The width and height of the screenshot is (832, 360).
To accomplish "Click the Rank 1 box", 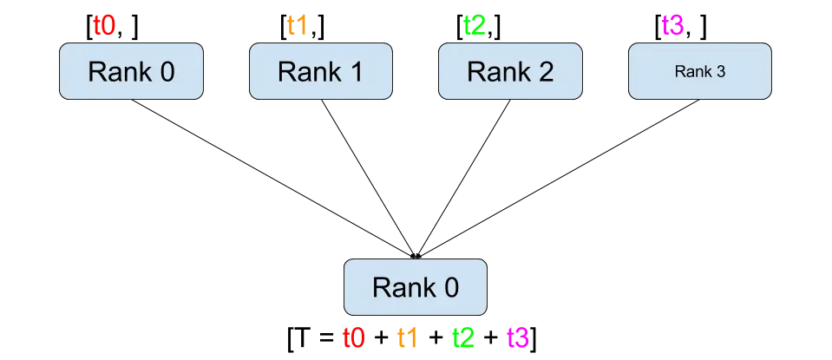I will coord(321,71).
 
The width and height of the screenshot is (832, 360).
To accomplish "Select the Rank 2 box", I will coord(510,71).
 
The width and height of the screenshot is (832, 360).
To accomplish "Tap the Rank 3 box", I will coord(699,71).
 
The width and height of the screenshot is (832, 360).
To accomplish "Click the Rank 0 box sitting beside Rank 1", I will coord(131,71).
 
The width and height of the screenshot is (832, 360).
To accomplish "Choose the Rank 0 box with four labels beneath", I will coord(416,286).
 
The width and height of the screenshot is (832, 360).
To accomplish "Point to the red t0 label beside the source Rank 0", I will coord(103,25).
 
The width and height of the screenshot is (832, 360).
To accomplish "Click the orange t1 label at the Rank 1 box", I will coord(295,25).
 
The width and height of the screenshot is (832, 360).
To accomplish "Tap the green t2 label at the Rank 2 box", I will coord(475,25).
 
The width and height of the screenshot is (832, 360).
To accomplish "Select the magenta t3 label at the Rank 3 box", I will coord(672,25).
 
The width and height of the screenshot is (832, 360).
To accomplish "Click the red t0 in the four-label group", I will coord(353,338).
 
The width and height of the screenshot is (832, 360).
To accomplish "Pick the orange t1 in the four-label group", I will coord(406,338).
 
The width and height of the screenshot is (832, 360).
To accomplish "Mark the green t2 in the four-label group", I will coord(462,338).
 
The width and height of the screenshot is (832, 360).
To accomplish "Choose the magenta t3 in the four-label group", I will coord(518,338).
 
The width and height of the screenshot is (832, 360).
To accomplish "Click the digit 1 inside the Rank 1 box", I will coord(356,71).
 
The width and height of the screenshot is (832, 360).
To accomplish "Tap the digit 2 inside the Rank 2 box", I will coord(545,71).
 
